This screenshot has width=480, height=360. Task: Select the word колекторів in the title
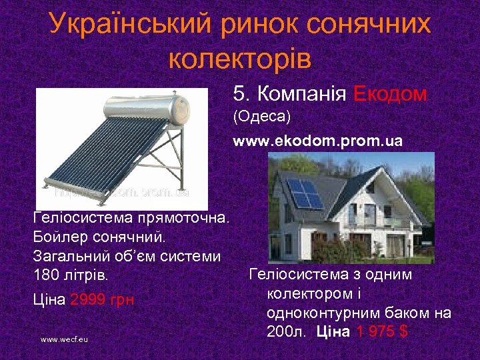point(240,58)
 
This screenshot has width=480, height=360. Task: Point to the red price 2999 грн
point(101,299)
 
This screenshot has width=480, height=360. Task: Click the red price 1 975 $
point(381,331)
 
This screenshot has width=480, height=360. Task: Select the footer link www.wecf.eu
point(64,339)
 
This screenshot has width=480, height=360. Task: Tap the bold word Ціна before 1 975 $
point(333,331)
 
